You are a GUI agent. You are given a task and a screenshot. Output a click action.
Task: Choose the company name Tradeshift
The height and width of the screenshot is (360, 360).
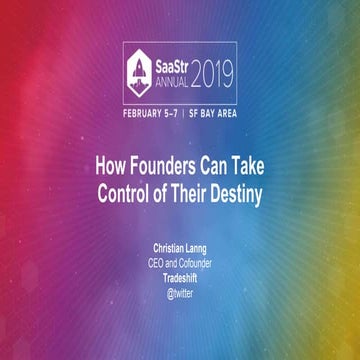click(x=180, y=279)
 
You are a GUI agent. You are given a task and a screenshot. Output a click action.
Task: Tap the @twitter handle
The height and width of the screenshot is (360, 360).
click(x=180, y=292)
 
